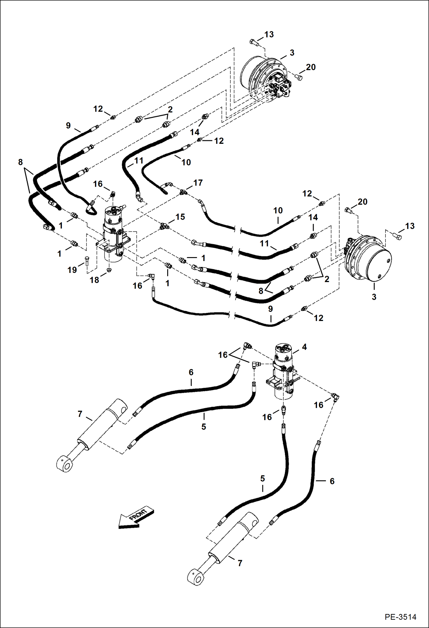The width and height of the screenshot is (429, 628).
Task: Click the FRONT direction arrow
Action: click(136, 518)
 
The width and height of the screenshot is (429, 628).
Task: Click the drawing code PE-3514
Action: click(400, 617)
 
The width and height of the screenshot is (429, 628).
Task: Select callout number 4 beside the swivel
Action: click(304, 347)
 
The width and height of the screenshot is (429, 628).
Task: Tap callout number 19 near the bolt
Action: click(72, 270)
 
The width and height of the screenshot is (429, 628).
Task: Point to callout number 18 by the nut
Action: click(94, 280)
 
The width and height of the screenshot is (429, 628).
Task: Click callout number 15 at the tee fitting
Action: click(180, 217)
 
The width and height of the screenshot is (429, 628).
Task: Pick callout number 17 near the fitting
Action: click(198, 183)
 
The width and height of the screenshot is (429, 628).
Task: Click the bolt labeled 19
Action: click(87, 261)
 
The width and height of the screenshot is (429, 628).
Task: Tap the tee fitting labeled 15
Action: click(164, 226)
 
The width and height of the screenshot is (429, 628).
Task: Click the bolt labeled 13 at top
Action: click(254, 42)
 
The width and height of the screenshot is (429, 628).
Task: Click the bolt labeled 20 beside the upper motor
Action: click(298, 77)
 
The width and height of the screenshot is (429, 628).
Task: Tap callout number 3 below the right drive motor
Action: click(374, 297)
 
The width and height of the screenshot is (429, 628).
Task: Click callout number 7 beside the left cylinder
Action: click(80, 414)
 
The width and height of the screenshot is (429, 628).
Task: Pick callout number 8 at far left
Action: click(20, 162)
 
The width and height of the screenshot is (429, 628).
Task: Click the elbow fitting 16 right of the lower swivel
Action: click(335, 396)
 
